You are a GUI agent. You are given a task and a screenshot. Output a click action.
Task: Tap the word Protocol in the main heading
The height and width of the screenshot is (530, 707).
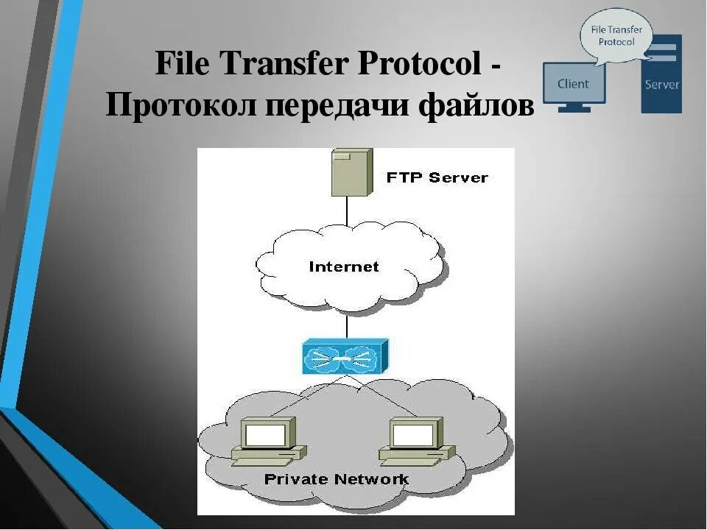pos(419,64)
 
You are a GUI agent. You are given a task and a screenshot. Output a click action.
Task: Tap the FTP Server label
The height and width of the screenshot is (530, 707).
pos(437,177)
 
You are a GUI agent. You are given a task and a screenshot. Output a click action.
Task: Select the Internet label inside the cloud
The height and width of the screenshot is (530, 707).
pos(344,266)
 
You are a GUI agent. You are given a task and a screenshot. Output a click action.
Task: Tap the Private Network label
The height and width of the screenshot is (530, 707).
pos(336,479)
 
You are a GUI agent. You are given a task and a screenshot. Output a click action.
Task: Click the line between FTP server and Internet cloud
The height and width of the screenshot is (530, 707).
pos(347,210)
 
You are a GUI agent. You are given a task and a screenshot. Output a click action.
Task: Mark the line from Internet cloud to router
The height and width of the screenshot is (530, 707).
pos(346,325)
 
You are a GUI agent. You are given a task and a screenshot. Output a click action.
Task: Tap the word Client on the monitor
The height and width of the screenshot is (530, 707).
pos(573,83)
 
